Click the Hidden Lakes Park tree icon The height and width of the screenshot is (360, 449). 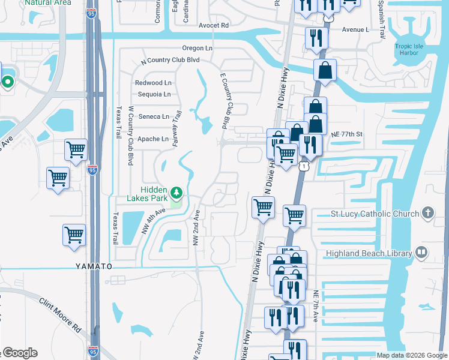(176, 193)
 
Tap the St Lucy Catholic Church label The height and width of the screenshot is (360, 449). (375, 214)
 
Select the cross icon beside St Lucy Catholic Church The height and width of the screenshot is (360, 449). (427, 213)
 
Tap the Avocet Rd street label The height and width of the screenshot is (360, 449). (214, 26)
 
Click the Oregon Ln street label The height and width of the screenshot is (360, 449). (198, 48)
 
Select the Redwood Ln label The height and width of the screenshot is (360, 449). (153, 83)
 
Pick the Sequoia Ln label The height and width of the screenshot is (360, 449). (154, 94)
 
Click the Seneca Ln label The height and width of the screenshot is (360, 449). (154, 116)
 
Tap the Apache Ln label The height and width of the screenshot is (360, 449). (153, 139)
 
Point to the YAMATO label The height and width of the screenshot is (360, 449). (94, 265)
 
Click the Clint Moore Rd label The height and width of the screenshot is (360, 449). (60, 315)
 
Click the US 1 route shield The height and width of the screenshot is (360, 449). (305, 165)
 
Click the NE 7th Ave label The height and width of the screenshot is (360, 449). (316, 307)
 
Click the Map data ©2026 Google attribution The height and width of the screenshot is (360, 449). (412, 355)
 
